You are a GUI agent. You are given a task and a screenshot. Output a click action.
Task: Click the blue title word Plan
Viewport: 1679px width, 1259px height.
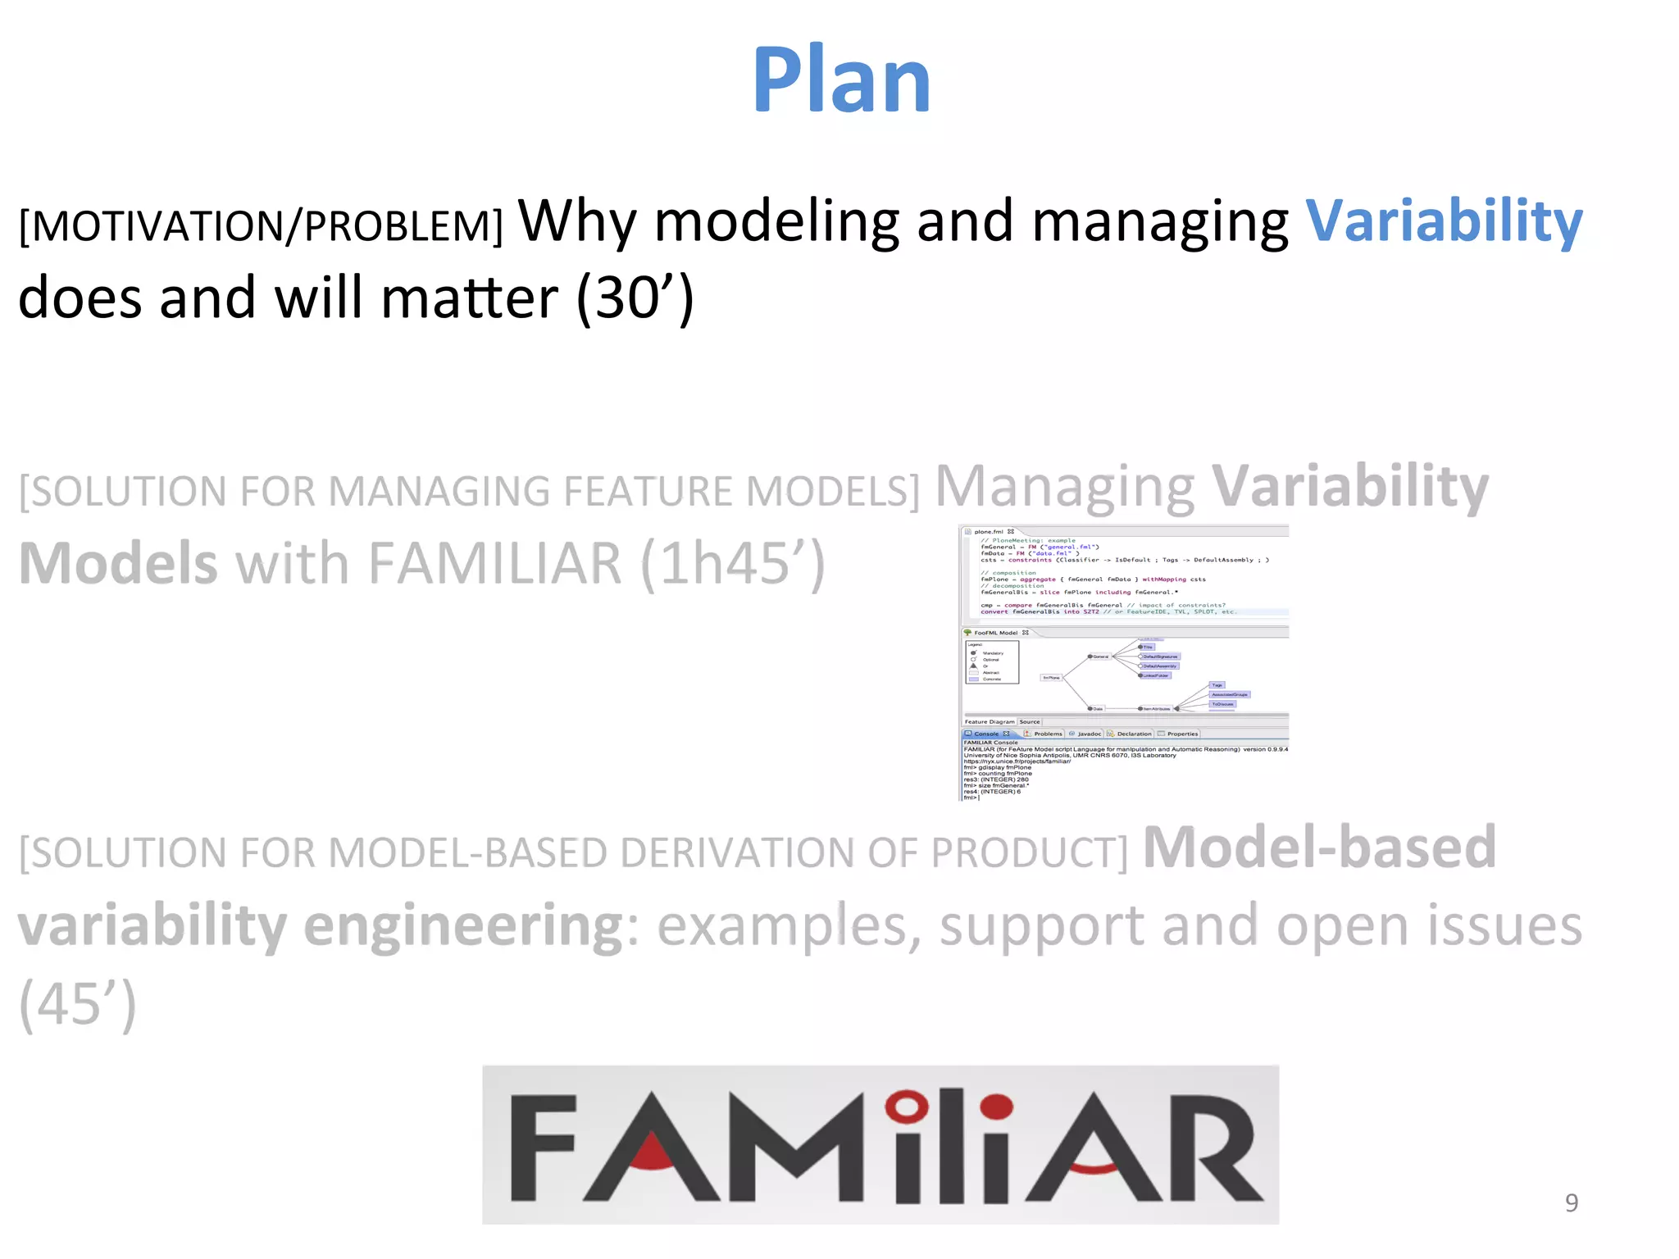pyautogui.click(x=841, y=80)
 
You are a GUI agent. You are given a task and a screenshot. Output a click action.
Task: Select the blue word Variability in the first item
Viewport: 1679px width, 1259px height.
pyautogui.click(x=1443, y=221)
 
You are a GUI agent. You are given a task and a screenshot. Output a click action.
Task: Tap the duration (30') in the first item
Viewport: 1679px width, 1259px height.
pyautogui.click(x=635, y=298)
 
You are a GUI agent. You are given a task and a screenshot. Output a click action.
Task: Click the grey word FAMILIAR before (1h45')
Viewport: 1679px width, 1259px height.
pyautogui.click(x=495, y=564)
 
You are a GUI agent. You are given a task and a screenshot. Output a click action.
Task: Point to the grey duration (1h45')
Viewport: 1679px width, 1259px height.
pyautogui.click(x=732, y=564)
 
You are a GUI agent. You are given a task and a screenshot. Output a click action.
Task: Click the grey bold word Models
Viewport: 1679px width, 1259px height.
pyautogui.click(x=118, y=564)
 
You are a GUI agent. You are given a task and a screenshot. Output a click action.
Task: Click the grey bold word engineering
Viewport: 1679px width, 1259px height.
pyautogui.click(x=464, y=926)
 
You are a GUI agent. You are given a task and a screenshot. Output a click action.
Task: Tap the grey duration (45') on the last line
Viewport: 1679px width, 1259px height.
pyautogui.click(x=77, y=1003)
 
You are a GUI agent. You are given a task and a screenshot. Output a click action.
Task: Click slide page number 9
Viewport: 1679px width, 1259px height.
pyautogui.click(x=1571, y=1202)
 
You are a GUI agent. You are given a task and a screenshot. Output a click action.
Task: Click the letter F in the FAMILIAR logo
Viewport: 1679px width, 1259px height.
pyautogui.click(x=544, y=1148)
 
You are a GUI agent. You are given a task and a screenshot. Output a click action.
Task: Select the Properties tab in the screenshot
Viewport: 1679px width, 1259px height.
pyautogui.click(x=1181, y=734)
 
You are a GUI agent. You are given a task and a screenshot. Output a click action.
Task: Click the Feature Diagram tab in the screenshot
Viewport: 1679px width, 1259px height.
pyautogui.click(x=989, y=722)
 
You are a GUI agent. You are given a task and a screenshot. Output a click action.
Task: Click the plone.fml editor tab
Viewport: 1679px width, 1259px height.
pyautogui.click(x=989, y=531)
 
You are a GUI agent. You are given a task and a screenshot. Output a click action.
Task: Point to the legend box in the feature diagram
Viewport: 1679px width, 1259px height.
pyautogui.click(x=991, y=661)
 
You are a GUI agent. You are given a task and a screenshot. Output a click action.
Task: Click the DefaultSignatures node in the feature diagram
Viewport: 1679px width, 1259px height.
pyautogui.click(x=1160, y=657)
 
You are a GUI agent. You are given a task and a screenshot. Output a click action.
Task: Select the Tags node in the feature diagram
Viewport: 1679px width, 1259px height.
pyautogui.click(x=1217, y=684)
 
